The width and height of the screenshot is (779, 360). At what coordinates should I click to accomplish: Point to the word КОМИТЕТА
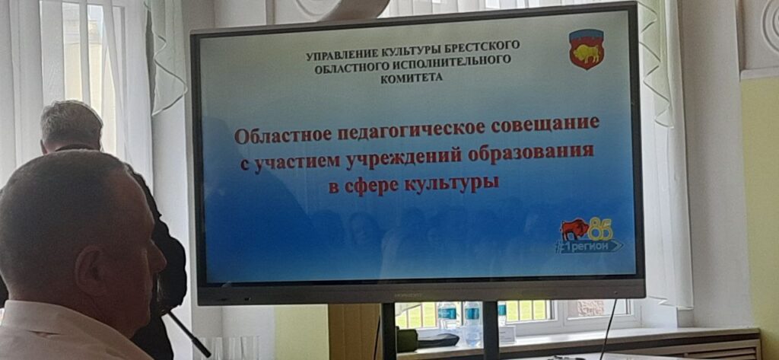[411, 78]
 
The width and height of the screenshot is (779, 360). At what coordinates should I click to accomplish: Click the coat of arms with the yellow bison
[587, 48]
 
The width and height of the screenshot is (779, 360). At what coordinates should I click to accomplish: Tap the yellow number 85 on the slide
[600, 229]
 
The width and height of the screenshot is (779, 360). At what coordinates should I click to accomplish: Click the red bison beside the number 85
[574, 229]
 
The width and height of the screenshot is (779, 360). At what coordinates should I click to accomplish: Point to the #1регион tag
[589, 246]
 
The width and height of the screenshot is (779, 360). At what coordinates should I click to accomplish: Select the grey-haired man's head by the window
[72, 127]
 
